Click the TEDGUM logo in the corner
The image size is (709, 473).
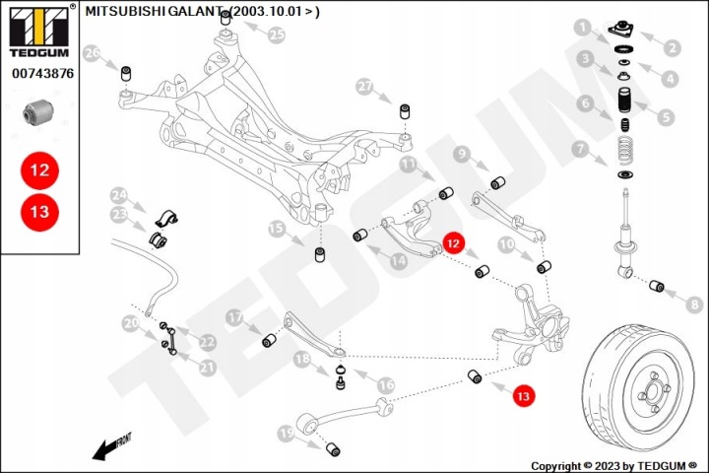pos(39,31)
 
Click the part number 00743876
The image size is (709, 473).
pos(42,73)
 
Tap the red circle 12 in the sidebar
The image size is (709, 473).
pos(39,170)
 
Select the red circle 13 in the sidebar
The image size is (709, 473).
pos(39,212)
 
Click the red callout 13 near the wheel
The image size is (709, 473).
pos(523,396)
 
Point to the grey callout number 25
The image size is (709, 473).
pos(277,34)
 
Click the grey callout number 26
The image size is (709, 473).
pos(93,53)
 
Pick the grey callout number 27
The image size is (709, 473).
pos(365,87)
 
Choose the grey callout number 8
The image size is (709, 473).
pos(694,304)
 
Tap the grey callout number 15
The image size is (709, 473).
pos(277,229)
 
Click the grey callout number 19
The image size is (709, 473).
pos(287,434)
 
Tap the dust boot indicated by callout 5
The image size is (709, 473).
pos(624,101)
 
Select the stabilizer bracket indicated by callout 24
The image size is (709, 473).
pos(166,218)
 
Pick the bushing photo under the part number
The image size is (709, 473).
pos(38,112)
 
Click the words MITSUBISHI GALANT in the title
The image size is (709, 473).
pos(154,11)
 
